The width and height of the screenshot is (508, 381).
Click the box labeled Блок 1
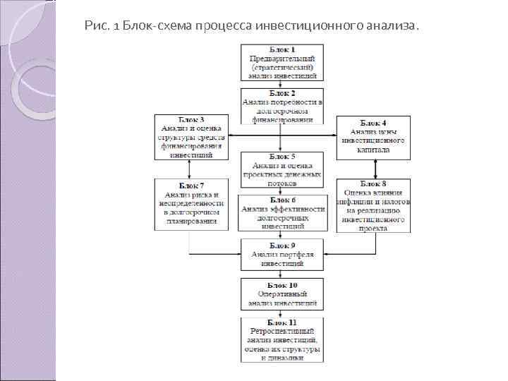(x=283, y=61)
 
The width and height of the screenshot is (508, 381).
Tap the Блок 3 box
(x=190, y=137)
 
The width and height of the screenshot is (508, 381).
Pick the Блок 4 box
(x=373, y=137)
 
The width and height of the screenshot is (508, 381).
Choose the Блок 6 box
(x=283, y=212)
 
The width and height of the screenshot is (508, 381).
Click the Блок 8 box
(x=373, y=205)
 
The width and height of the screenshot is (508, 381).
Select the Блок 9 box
(x=283, y=255)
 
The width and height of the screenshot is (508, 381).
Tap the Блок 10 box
(x=283, y=294)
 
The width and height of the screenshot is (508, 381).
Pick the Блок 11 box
(x=283, y=340)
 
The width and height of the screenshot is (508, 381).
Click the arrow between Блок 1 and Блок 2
(x=283, y=84)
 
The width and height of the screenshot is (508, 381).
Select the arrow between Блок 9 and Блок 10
(x=283, y=274)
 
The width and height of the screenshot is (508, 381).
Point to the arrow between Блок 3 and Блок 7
(x=190, y=169)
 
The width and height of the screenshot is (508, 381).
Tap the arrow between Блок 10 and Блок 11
(x=283, y=314)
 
